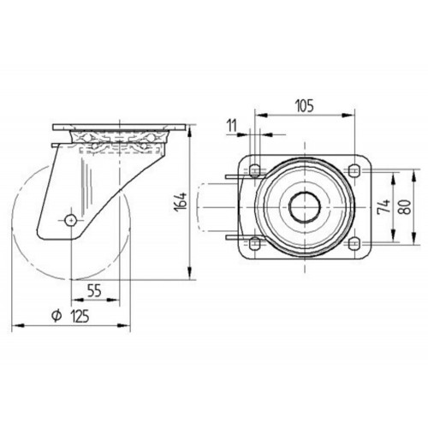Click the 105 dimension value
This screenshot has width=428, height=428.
pyautogui.click(x=305, y=106)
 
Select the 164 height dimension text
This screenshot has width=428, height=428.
pyautogui.click(x=181, y=202)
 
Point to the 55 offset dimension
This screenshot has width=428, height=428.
pyautogui.click(x=94, y=291)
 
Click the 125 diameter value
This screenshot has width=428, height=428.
pyautogui.click(x=80, y=317)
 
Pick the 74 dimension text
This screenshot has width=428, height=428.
pyautogui.click(x=384, y=206)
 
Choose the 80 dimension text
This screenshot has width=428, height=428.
pyautogui.click(x=405, y=207)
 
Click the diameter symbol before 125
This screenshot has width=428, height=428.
pyautogui.click(x=56, y=317)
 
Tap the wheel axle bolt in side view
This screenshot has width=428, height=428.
pyautogui.click(x=70, y=220)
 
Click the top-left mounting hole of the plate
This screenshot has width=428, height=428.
pyautogui.click(x=254, y=170)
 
